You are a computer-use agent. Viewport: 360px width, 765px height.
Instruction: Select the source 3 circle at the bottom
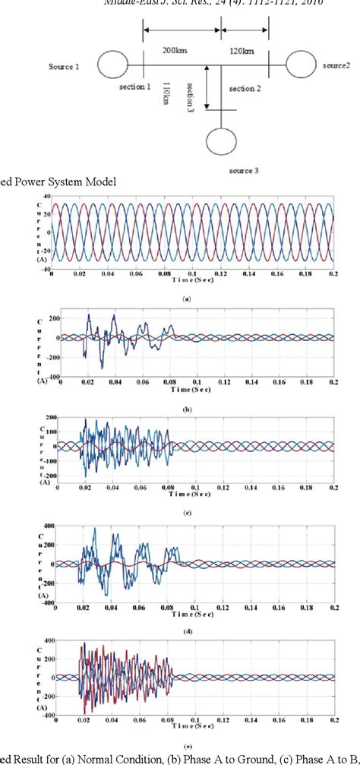(x=221, y=142)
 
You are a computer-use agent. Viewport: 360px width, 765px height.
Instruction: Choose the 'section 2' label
(x=245, y=89)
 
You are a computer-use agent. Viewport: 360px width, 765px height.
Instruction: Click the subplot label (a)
(x=187, y=301)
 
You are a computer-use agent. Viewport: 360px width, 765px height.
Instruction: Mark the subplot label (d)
(x=187, y=622)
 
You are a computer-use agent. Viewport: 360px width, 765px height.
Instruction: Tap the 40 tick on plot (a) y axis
(x=46, y=196)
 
